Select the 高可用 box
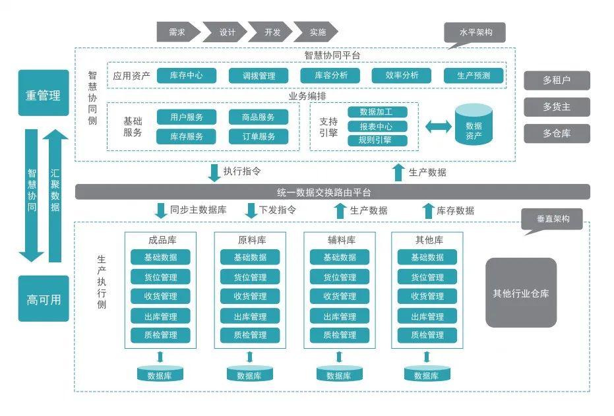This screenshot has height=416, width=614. pyautogui.click(x=44, y=299)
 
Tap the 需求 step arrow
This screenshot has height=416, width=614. pyautogui.click(x=177, y=32)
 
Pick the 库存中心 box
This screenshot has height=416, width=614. pyautogui.click(x=186, y=75)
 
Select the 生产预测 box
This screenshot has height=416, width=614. pyautogui.click(x=473, y=75)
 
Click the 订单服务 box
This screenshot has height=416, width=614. pyautogui.click(x=259, y=136)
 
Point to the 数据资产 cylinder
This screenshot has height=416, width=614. pyautogui.click(x=474, y=125)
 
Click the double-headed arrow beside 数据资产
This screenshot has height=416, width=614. pyautogui.click(x=439, y=126)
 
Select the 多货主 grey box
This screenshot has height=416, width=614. pyautogui.click(x=557, y=107)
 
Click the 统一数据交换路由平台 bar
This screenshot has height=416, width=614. pyautogui.click(x=332, y=193)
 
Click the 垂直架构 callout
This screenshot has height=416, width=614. pyautogui.click(x=552, y=219)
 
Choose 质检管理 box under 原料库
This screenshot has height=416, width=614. pyautogui.click(x=250, y=335)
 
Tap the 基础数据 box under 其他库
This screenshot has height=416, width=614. pyautogui.click(x=427, y=257)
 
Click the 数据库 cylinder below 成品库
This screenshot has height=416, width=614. pyautogui.click(x=160, y=374)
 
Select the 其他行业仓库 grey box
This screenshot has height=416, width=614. pyautogui.click(x=520, y=293)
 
